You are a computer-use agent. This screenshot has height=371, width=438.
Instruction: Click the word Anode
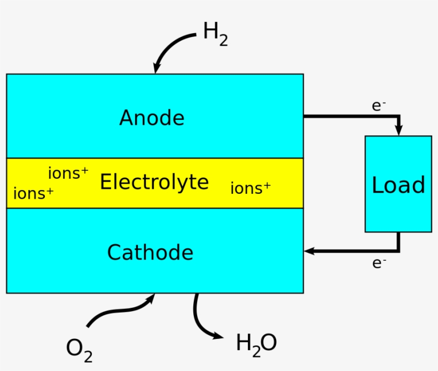point(152,118)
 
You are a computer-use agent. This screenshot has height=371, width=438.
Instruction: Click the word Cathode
point(150,252)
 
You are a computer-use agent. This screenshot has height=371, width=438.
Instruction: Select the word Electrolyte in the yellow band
point(154,183)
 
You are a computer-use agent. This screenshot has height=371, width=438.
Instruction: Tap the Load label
point(398,185)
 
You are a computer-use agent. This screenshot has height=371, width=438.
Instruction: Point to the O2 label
point(79,350)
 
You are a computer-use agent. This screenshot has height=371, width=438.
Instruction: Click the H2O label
point(256,344)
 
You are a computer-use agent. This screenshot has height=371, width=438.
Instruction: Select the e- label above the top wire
point(379,106)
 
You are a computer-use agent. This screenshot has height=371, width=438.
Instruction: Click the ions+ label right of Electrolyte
point(250,188)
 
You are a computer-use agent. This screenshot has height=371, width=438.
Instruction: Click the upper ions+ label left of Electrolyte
point(68,173)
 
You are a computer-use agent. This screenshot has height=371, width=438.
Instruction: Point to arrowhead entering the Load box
point(398,130)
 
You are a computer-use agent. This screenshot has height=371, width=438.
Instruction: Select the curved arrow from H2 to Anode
point(170,47)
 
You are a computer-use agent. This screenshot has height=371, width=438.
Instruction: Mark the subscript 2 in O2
point(88,355)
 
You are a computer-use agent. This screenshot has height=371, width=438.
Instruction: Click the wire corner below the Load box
point(398,251)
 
